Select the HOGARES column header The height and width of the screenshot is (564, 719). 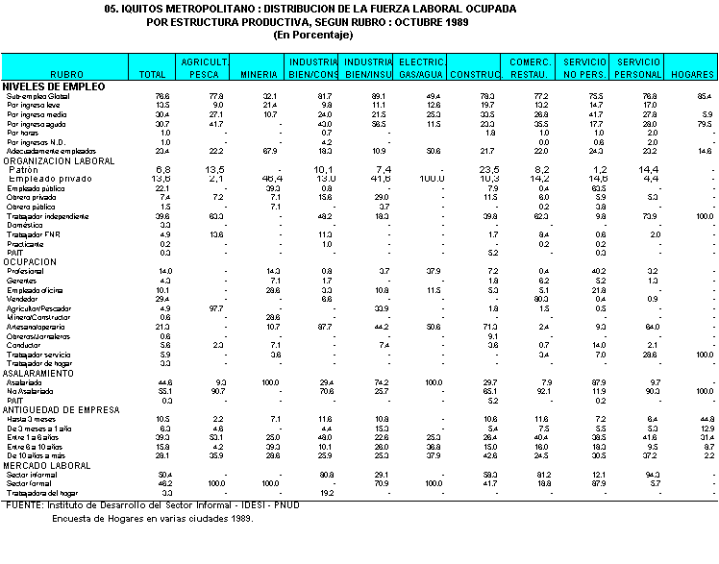[691, 73]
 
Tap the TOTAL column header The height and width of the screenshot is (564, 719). [153, 73]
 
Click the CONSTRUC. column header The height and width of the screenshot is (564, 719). [476, 73]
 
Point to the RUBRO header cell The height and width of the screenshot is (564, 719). [66, 73]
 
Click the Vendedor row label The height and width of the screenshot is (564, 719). [21, 299]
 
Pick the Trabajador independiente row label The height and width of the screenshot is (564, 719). [40, 216]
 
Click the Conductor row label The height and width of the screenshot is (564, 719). [22, 345]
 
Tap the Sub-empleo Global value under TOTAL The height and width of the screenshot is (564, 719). [162, 96]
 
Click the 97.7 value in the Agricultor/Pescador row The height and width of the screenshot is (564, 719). [216, 308]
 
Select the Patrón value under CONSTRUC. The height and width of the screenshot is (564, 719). [491, 170]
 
